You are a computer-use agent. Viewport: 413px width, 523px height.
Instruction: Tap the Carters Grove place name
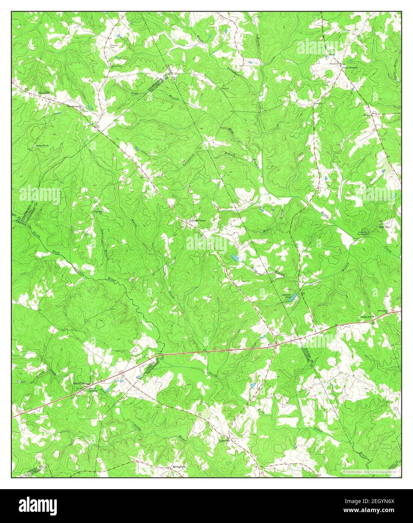click(x=197, y=220)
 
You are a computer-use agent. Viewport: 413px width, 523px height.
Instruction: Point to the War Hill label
click(x=384, y=227)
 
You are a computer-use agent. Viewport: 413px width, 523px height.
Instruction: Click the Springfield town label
click(x=179, y=467)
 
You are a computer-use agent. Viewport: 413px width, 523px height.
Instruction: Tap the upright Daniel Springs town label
click(x=79, y=384)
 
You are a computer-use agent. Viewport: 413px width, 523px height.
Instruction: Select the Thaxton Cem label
click(x=114, y=46)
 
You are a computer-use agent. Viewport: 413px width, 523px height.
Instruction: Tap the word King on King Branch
click(x=255, y=268)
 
